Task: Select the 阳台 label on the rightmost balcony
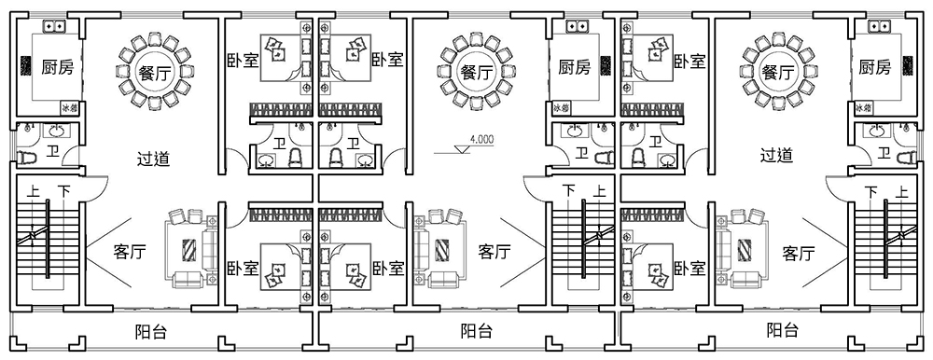coord(782,330)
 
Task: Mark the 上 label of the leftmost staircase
coord(34,191)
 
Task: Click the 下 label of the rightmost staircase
coord(871,191)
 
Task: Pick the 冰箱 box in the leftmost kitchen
coord(67,107)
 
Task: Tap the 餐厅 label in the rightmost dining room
coord(777,72)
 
